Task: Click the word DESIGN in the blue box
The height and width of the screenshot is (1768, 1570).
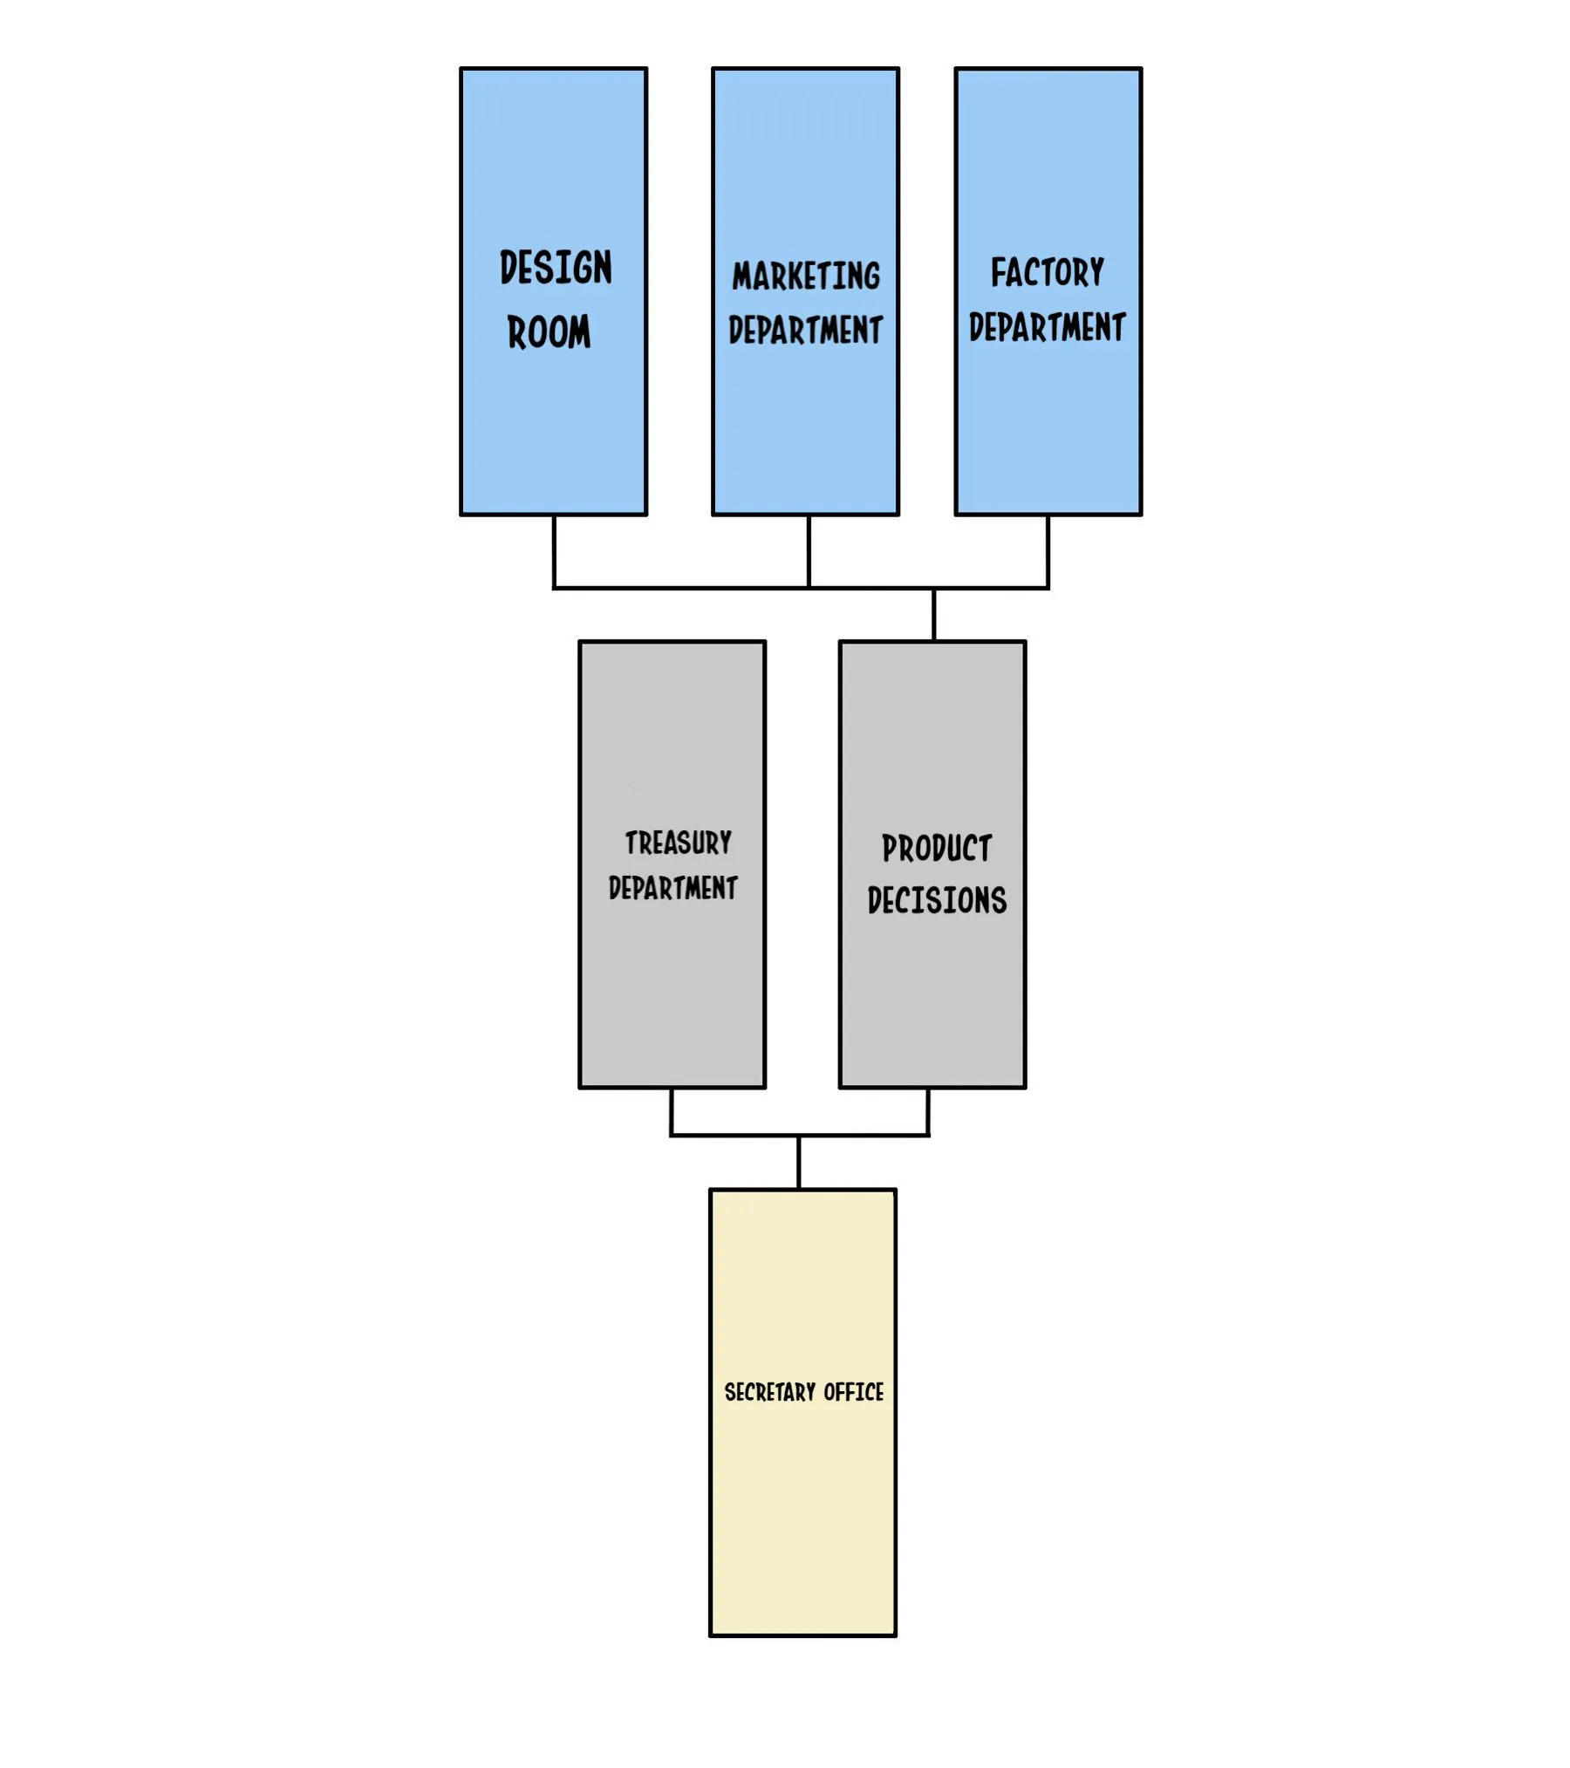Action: pos(556,268)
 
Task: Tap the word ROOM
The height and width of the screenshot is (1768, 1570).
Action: pos(549,332)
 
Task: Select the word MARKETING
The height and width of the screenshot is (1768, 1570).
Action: pos(806,276)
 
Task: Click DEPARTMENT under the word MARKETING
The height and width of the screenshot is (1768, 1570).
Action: pos(805,331)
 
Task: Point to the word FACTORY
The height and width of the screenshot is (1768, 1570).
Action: pos(1047,273)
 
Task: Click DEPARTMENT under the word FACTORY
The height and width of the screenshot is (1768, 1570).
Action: pos(1047,328)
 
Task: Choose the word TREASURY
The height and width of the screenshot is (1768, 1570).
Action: pos(678,843)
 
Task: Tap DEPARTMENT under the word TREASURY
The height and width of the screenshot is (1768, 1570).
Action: pos(672,888)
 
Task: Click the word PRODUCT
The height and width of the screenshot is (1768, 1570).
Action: pos(937,848)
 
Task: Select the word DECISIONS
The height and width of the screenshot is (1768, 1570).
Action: pos(937,900)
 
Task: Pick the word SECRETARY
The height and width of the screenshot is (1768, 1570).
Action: pos(769,1393)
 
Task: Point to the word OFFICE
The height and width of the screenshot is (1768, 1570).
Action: pos(853,1393)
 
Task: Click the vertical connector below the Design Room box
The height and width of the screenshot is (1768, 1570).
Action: pos(554,551)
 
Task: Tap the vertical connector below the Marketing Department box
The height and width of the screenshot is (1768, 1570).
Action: pos(809,551)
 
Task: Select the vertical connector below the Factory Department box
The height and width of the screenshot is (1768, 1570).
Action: pos(1048,551)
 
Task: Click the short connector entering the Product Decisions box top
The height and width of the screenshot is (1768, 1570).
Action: pos(933,615)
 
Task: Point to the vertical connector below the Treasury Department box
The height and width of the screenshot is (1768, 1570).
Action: pos(672,1112)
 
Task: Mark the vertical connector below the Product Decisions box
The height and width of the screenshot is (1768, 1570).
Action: pos(928,1112)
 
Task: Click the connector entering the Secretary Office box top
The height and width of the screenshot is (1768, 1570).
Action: pos(799,1163)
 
